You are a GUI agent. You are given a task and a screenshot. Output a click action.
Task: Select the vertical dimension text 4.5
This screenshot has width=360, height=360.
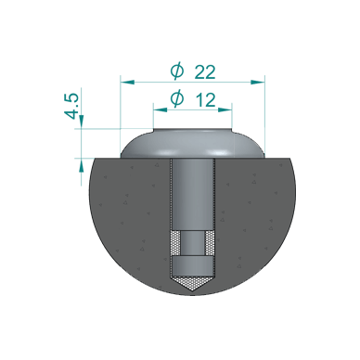[72, 106]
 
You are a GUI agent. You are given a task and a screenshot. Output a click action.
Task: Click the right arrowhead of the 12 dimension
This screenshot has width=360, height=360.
[227, 109]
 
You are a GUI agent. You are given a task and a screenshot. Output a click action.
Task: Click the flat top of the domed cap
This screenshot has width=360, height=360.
[193, 136]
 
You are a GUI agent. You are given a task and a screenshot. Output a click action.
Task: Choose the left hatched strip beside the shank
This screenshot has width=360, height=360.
[175, 245]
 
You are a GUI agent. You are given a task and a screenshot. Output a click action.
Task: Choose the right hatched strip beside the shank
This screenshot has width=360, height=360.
[211, 245]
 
